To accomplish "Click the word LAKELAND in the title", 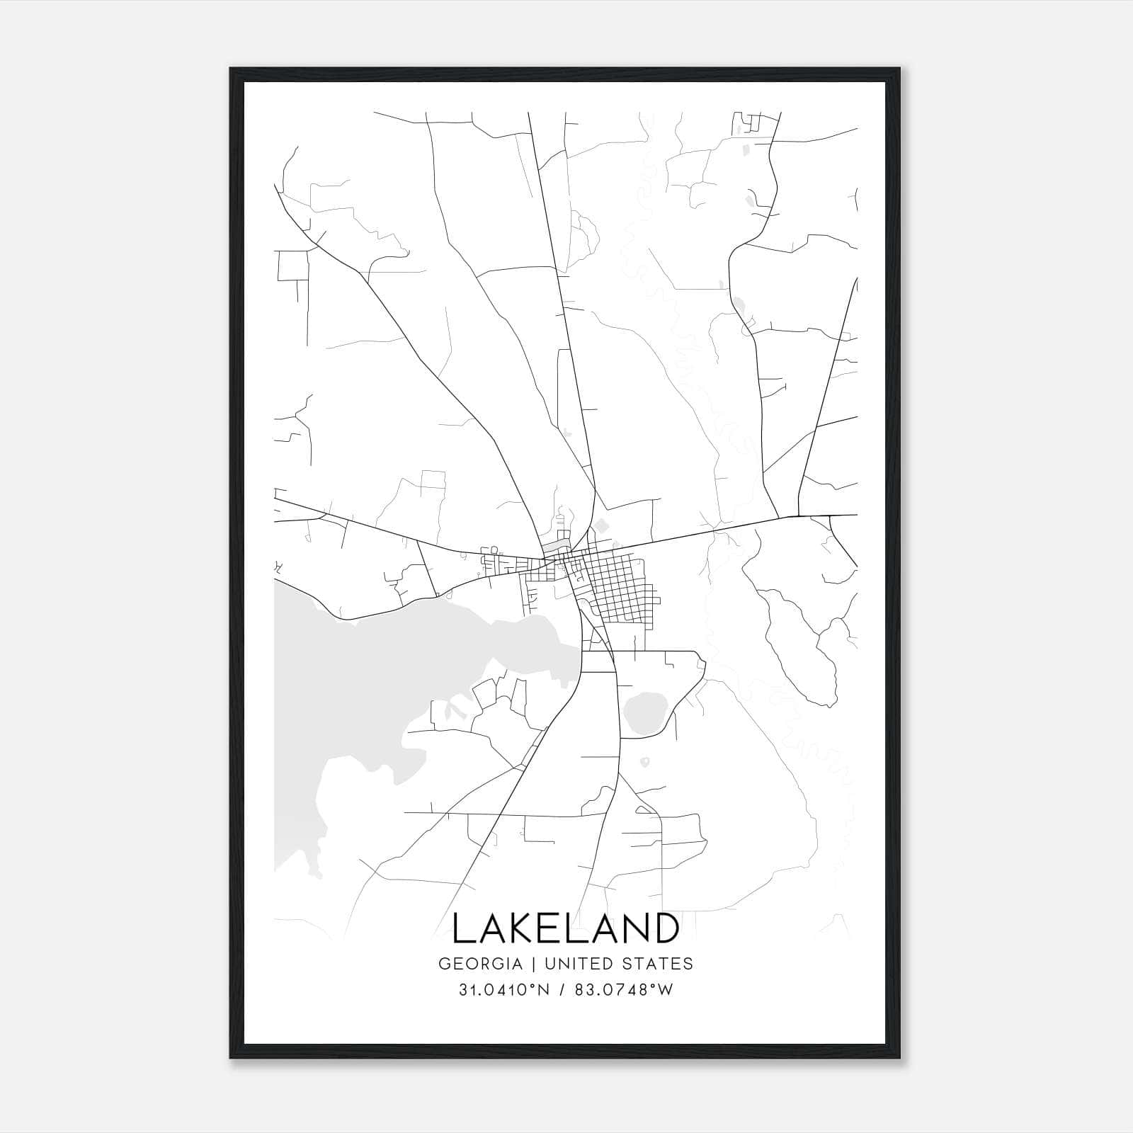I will coord(565,928).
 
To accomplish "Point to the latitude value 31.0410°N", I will coord(504,990).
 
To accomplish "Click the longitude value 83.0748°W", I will coord(622,990).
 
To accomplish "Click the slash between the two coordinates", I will coord(563,990).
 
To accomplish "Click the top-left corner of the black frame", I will coord(232,69).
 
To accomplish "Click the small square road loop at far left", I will coord(290,265).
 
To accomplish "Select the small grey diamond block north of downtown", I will coord(601,525).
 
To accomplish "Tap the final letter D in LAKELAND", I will coord(664,928).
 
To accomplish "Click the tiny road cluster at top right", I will coord(746,123).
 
